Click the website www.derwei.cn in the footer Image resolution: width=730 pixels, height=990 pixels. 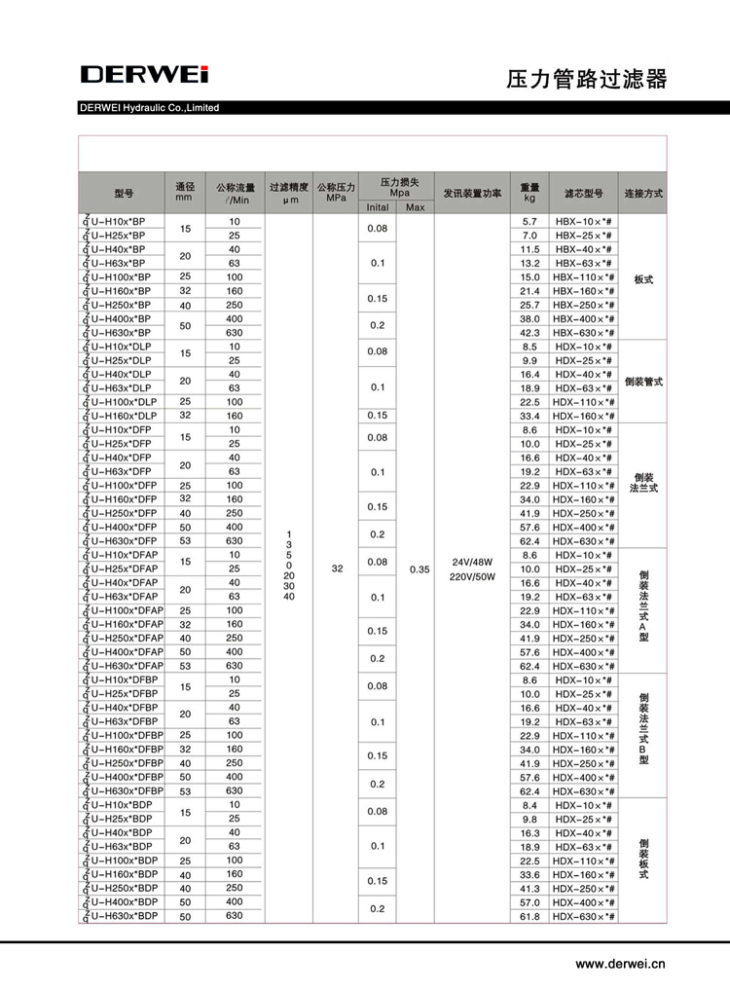point(620,964)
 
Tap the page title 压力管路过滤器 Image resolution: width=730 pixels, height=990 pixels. point(587,79)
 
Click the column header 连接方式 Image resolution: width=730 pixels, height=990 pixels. point(643,193)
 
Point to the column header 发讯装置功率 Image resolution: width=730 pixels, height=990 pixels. point(472,193)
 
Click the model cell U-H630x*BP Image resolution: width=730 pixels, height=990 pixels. point(123,333)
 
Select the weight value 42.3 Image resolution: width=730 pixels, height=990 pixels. point(529,333)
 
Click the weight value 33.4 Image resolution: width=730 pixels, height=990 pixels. point(529,416)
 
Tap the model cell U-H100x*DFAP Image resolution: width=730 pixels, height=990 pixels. point(126,610)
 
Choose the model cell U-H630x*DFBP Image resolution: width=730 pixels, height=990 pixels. point(126,791)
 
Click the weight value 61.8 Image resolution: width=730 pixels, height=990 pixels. point(529,917)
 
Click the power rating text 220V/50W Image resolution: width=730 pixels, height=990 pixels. point(472,576)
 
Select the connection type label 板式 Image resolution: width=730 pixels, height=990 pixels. point(643,278)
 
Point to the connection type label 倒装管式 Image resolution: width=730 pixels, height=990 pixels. point(643,382)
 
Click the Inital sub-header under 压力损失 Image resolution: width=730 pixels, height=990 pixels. point(378,207)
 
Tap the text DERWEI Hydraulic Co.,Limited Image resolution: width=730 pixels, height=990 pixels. point(150,108)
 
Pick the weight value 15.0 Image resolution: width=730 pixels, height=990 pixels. point(529,276)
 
